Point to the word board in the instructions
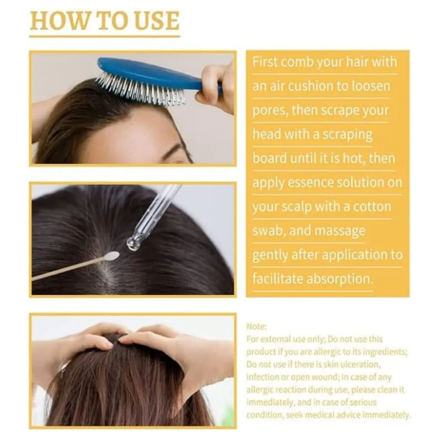coord(269,158)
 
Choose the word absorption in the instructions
coord(340,279)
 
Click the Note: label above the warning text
coord(256,326)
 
